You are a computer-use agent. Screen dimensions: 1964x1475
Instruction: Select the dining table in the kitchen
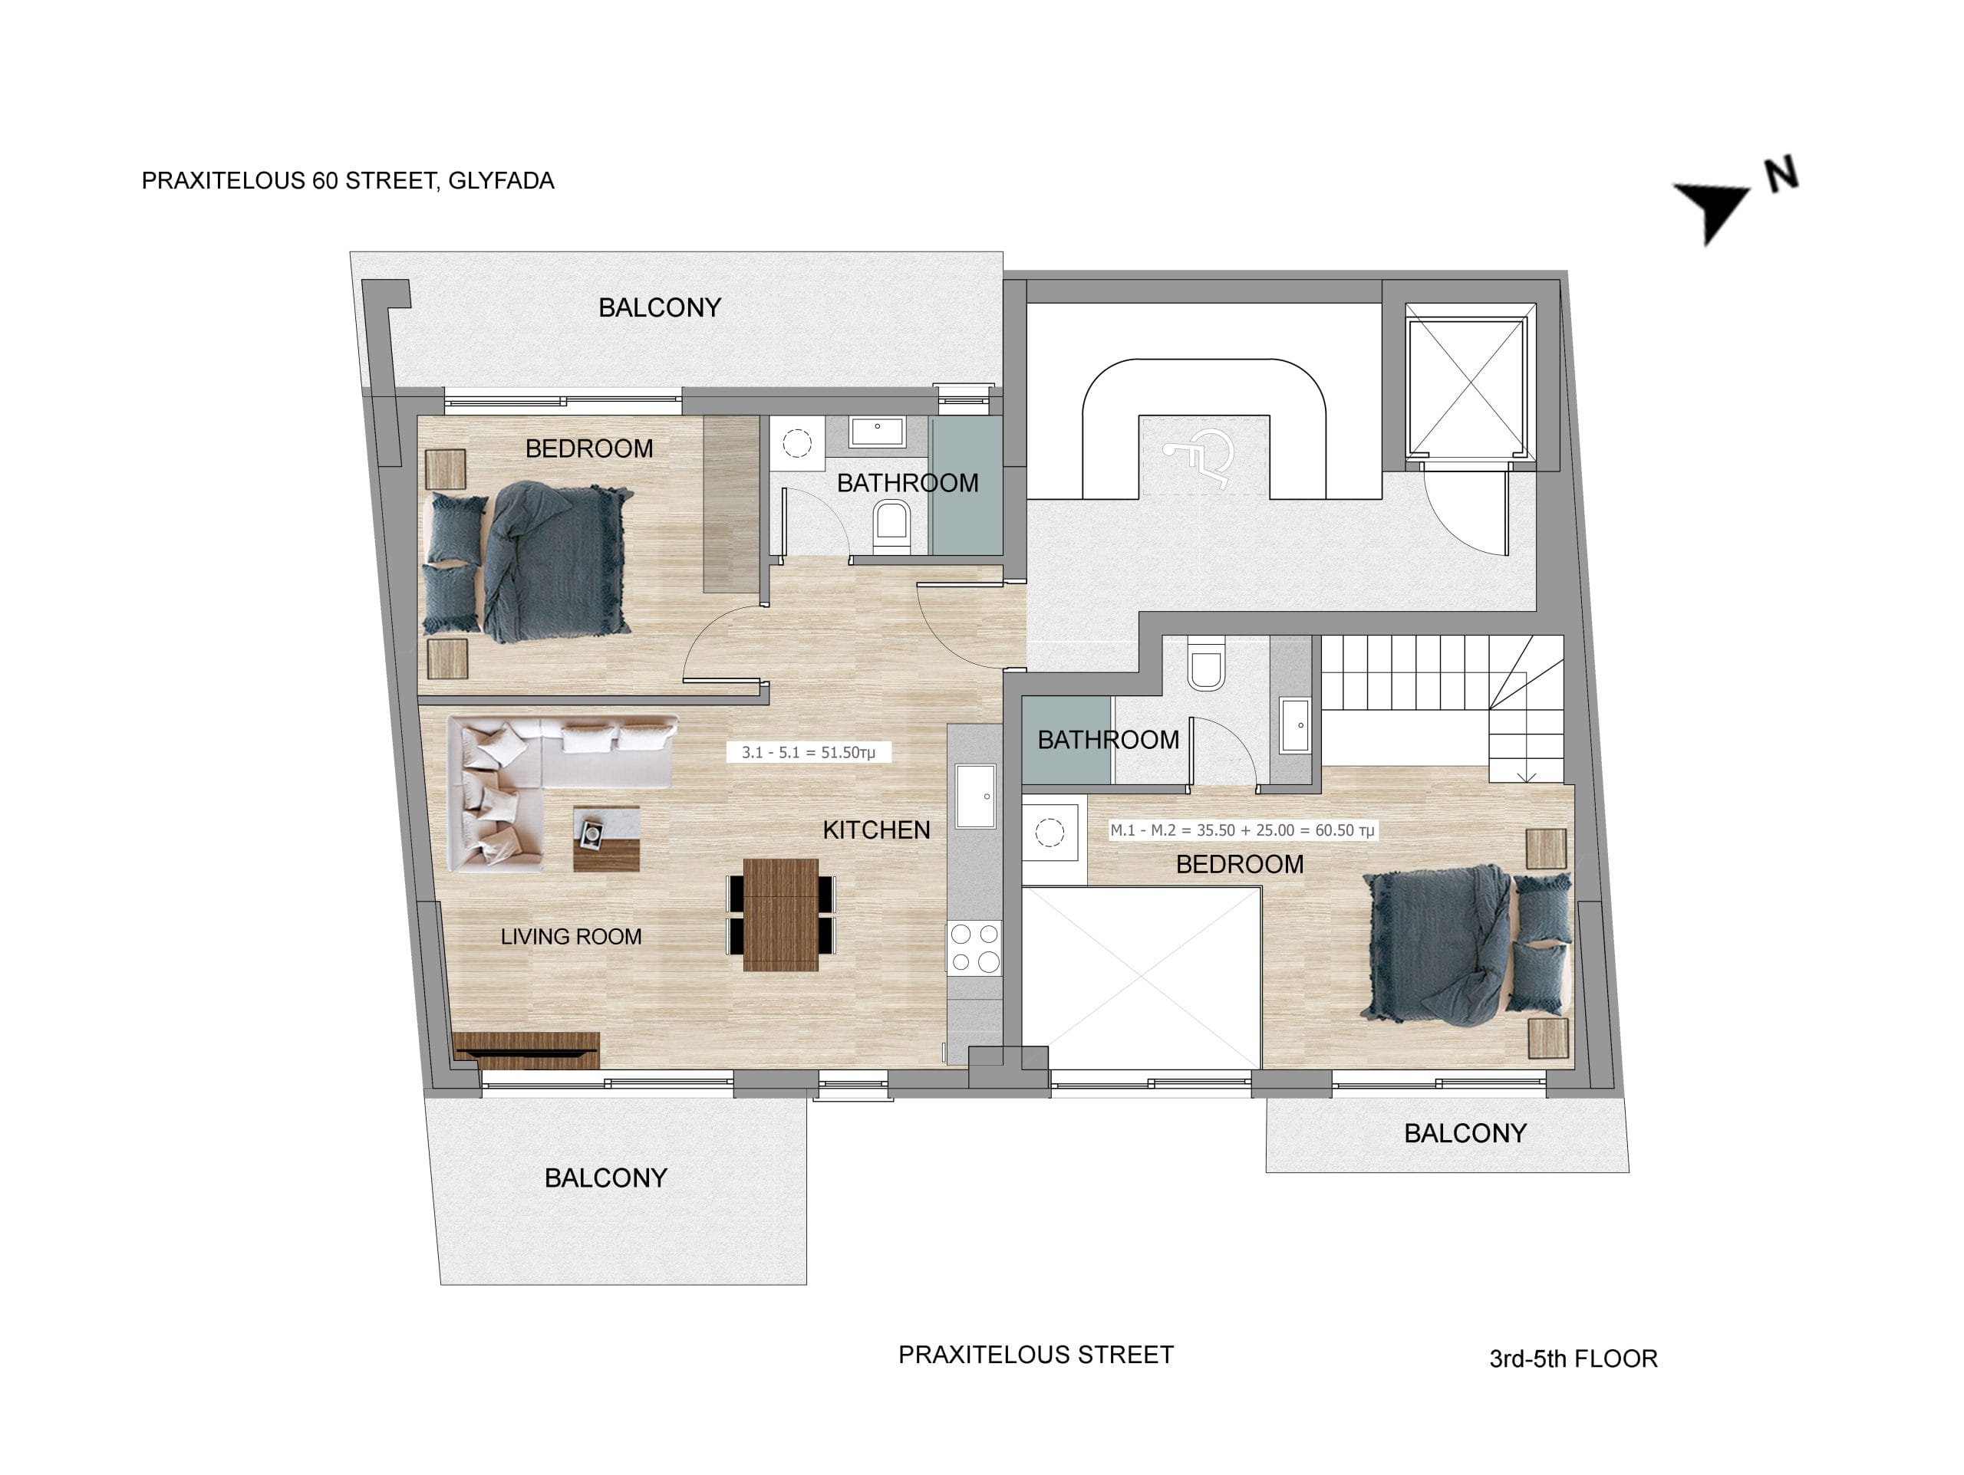[780, 914]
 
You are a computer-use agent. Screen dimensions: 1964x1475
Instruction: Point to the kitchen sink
[975, 795]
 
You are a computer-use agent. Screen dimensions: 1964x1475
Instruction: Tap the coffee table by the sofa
[606, 838]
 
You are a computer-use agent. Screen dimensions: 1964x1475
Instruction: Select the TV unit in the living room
[526, 1050]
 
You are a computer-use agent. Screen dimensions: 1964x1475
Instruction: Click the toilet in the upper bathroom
[891, 526]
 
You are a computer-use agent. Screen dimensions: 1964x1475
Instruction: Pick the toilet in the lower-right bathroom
[1206, 663]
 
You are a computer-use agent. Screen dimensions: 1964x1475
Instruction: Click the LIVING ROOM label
[571, 936]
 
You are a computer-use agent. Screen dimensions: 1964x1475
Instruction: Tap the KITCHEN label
[876, 829]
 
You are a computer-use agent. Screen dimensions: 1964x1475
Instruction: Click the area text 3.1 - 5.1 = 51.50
[808, 752]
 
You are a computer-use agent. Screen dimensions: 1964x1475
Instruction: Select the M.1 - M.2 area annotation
[1242, 829]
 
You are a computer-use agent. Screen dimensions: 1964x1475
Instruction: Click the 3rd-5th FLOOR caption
[1574, 1358]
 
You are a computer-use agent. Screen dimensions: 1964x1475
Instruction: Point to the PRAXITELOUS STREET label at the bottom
[1036, 1355]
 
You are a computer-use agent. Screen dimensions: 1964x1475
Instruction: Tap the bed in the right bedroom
[1467, 944]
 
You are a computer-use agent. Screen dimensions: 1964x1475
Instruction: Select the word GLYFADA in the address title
[501, 180]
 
